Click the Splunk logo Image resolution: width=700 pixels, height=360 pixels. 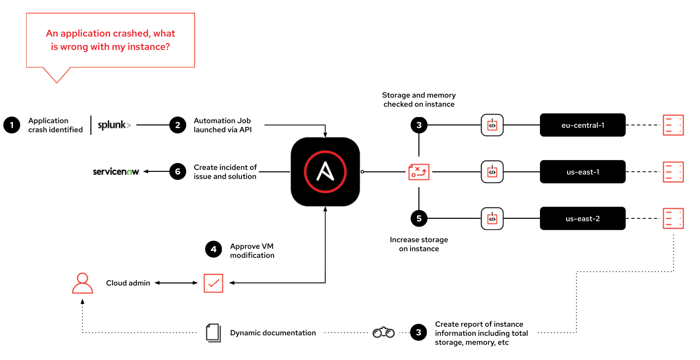click(114, 125)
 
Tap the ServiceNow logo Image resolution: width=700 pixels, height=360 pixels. click(116, 172)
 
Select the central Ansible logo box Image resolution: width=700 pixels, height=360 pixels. click(325, 172)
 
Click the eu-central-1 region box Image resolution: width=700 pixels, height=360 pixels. click(582, 125)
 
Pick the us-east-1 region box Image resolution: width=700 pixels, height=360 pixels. click(582, 172)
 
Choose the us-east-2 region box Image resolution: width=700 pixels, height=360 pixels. click(582, 218)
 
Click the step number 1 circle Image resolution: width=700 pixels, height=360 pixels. click(11, 125)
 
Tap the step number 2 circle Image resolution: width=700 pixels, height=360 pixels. click(177, 125)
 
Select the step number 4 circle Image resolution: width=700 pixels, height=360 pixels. click(213, 249)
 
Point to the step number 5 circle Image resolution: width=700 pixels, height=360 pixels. click(419, 218)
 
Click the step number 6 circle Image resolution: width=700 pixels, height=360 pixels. click(177, 172)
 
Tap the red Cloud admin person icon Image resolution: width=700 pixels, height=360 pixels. click(82, 283)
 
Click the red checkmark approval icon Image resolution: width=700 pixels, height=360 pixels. click(213, 283)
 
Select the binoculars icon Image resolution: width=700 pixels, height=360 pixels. click(383, 332)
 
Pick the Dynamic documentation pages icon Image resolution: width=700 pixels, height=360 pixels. click(213, 332)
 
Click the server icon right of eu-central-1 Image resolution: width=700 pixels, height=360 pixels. click(673, 125)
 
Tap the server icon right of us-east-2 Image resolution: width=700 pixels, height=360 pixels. click(673, 218)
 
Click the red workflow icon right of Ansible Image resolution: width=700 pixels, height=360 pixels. click(419, 172)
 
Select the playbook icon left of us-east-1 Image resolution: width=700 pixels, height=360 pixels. click(492, 172)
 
